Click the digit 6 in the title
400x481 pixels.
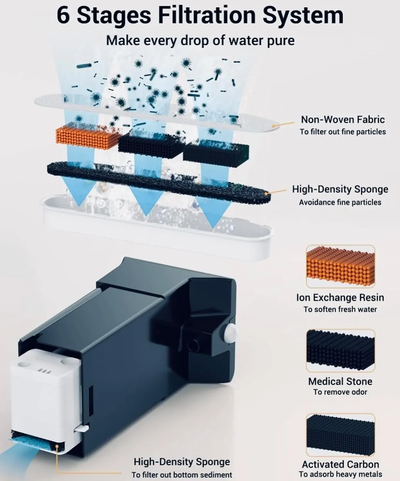tap(63, 15)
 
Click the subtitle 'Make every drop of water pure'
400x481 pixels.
tap(200, 40)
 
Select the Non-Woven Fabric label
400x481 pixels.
tap(343, 120)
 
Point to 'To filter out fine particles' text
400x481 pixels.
tap(343, 132)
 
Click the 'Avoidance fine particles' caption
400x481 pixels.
tap(340, 202)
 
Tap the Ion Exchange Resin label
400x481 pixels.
tap(340, 297)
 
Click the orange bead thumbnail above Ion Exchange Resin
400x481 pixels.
tap(341, 266)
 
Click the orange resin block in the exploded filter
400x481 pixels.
tap(88, 137)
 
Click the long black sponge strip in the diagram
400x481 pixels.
tap(159, 182)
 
